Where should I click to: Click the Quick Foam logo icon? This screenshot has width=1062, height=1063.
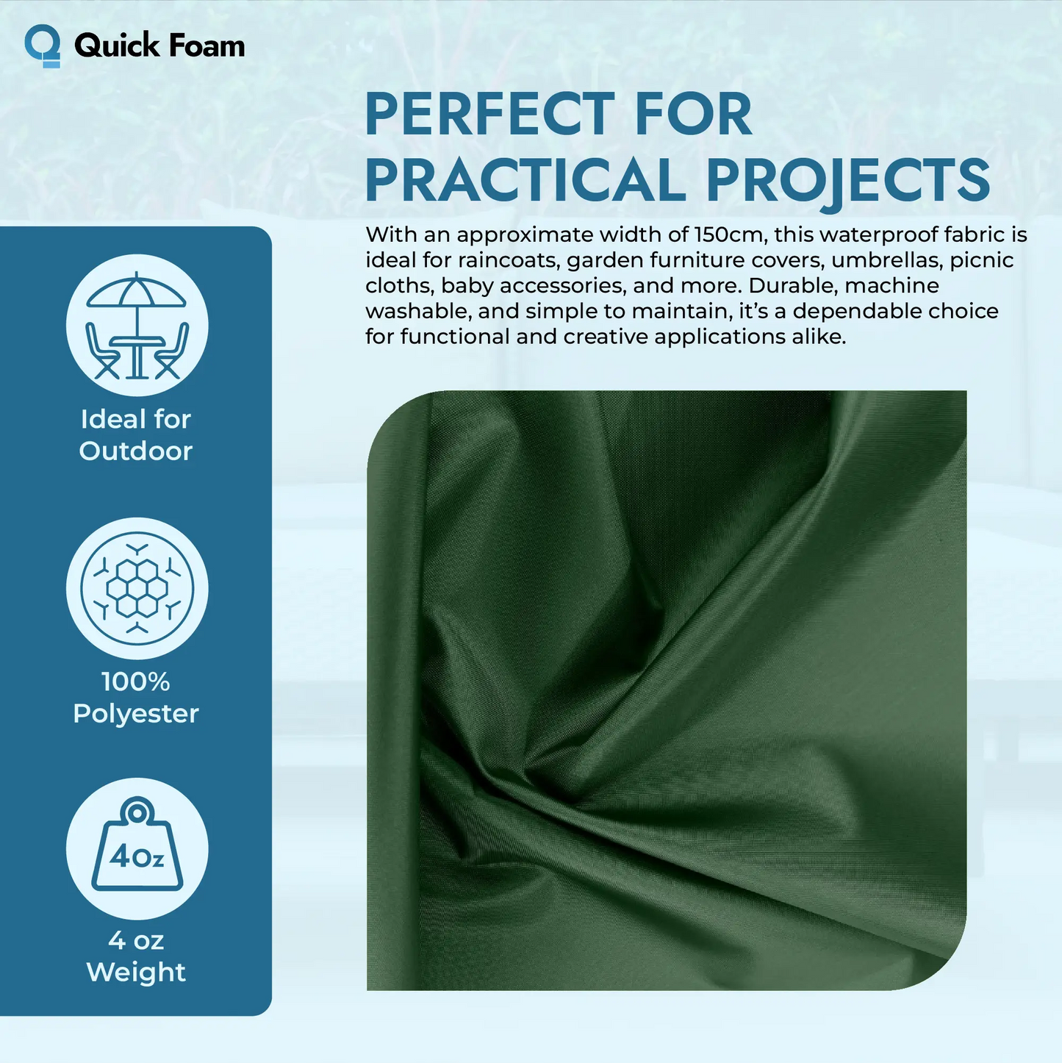click(x=43, y=46)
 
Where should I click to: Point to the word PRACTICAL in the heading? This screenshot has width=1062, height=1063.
click(x=525, y=180)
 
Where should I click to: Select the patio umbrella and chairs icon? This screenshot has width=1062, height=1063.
click(x=137, y=326)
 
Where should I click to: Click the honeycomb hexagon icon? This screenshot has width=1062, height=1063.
click(x=137, y=588)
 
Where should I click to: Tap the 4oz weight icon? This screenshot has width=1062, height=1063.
click(x=137, y=849)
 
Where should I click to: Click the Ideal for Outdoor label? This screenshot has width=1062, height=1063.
click(x=136, y=434)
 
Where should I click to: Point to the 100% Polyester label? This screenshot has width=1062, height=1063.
click(x=136, y=698)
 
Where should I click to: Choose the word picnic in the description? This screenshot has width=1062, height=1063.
click(x=982, y=260)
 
